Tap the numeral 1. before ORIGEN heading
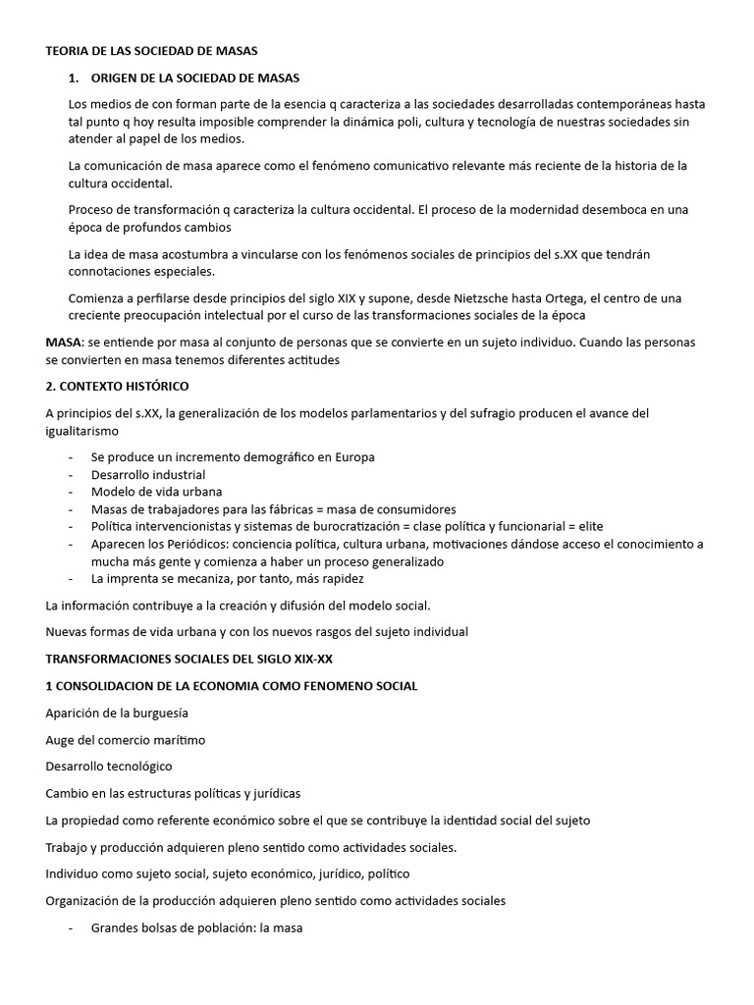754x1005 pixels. click(x=74, y=77)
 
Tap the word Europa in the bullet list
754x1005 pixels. click(x=354, y=456)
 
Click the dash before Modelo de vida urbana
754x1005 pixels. click(x=71, y=492)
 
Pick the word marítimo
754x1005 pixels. click(x=178, y=739)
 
